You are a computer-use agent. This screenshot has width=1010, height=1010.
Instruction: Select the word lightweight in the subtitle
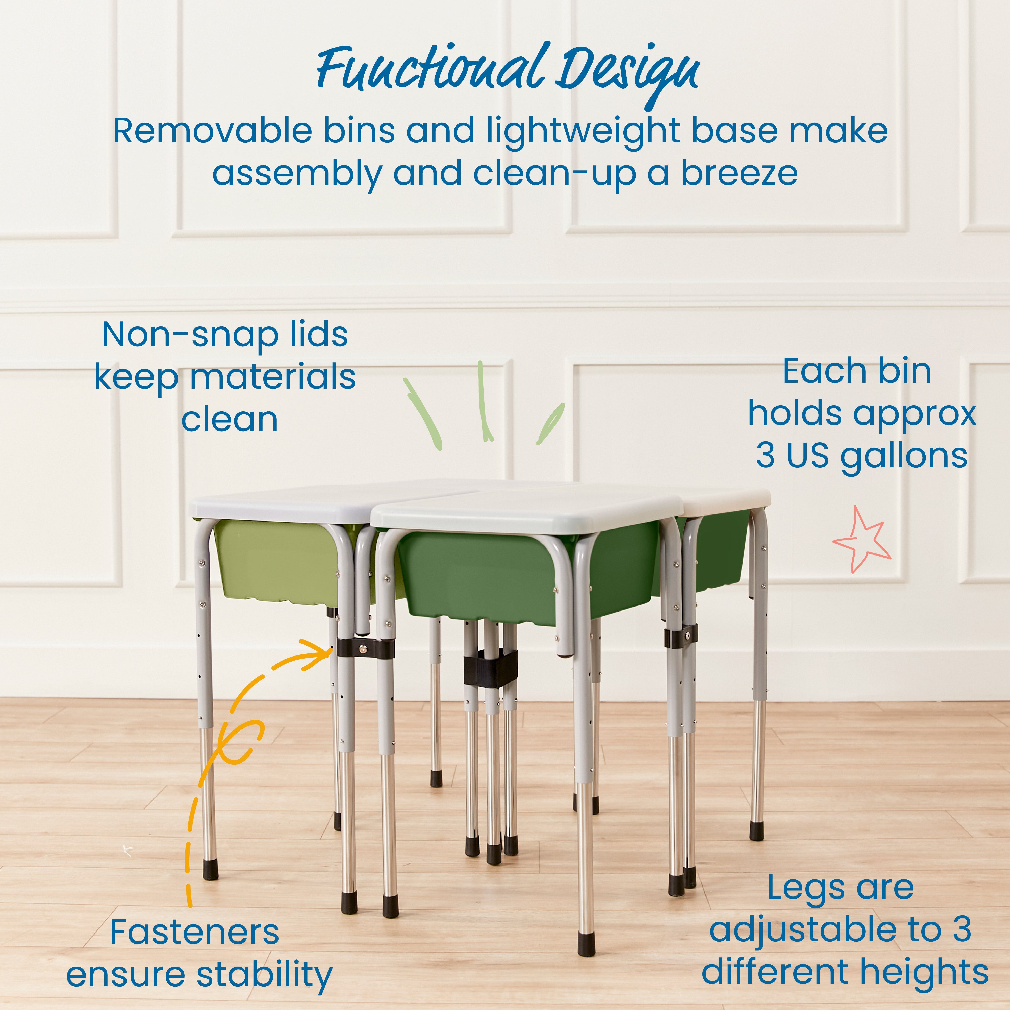tap(583, 132)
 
